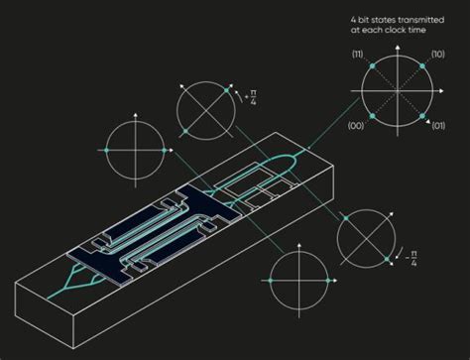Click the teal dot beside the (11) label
[x=372, y=65]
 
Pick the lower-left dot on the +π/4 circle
[x=185, y=130]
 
